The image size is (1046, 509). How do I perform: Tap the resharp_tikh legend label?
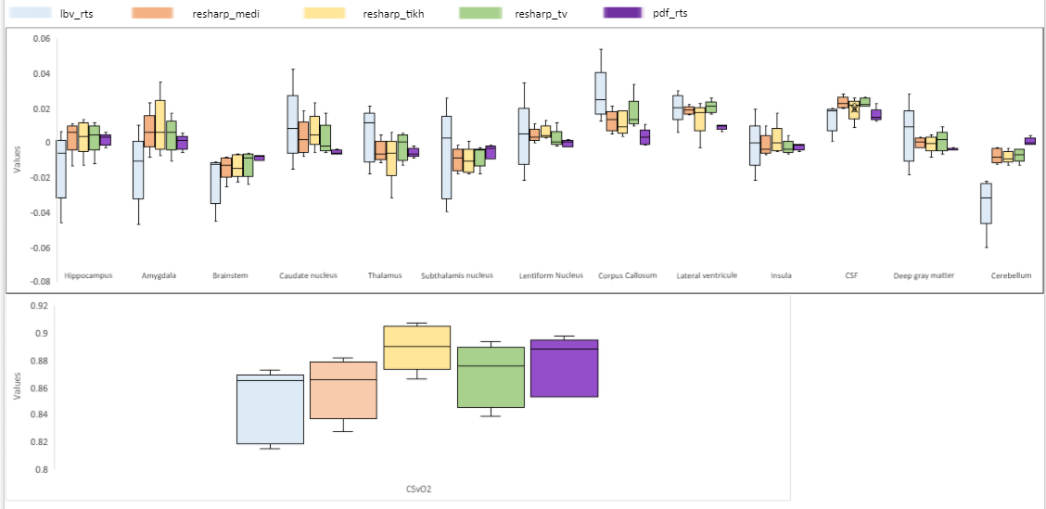coord(388,14)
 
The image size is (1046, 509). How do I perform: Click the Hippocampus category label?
coord(88,275)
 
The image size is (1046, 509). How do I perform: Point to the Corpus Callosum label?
coord(627,275)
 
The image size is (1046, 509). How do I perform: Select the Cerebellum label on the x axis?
coord(1011,275)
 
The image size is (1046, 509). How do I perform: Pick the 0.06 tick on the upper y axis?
coord(41,39)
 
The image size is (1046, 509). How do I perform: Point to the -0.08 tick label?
coord(39,282)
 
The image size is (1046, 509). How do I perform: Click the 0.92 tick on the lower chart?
coord(40,305)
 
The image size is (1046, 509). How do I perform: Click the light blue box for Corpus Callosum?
coord(600,93)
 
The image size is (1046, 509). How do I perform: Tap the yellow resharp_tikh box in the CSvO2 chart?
coord(416,348)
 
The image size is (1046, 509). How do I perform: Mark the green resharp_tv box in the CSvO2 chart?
coord(491,377)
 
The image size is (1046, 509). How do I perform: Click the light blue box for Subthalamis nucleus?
coord(446,158)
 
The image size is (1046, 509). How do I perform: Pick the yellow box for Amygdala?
coord(160,124)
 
